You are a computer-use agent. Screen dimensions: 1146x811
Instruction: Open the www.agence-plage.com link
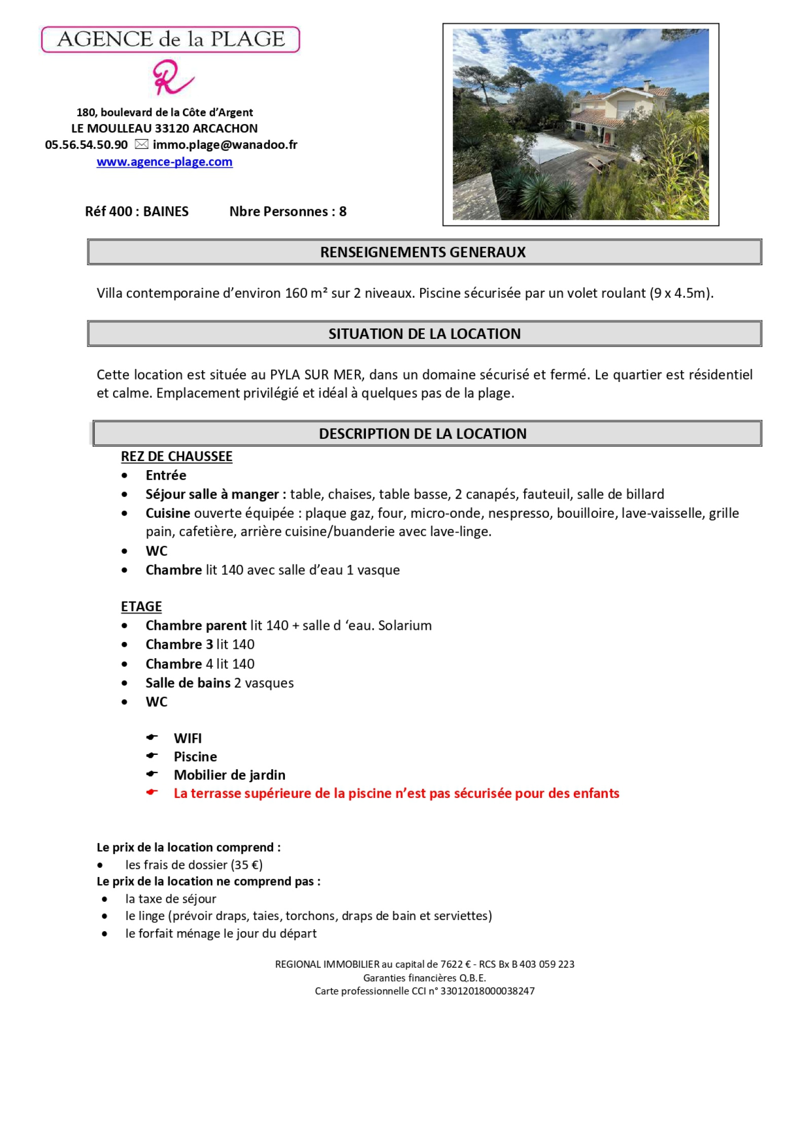pyautogui.click(x=164, y=162)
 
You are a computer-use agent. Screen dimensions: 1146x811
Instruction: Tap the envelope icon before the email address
pyautogui.click(x=141, y=144)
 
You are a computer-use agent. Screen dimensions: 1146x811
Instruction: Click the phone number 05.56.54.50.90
pyautogui.click(x=86, y=145)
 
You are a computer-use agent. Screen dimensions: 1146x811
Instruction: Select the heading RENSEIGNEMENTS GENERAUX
pyautogui.click(x=422, y=252)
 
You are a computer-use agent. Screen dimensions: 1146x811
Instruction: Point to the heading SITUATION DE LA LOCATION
pyautogui.click(x=424, y=333)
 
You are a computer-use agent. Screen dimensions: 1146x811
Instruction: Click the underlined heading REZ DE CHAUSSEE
pyautogui.click(x=176, y=456)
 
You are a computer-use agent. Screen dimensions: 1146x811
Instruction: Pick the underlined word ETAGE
pyautogui.click(x=141, y=606)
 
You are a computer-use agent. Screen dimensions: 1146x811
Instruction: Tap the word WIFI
pyautogui.click(x=188, y=738)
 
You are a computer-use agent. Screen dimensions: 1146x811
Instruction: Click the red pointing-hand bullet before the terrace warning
pyautogui.click(x=152, y=792)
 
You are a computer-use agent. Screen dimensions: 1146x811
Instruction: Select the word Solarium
pyautogui.click(x=405, y=626)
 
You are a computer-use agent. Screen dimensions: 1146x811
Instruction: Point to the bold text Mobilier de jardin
pyautogui.click(x=230, y=775)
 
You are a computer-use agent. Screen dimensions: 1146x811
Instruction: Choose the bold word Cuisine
pyautogui.click(x=168, y=513)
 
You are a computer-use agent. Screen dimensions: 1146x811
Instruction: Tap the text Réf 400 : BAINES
pyautogui.click(x=137, y=211)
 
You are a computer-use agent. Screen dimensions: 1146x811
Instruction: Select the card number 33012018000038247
pyautogui.click(x=487, y=991)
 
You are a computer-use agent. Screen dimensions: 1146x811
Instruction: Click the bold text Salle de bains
pyautogui.click(x=188, y=683)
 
